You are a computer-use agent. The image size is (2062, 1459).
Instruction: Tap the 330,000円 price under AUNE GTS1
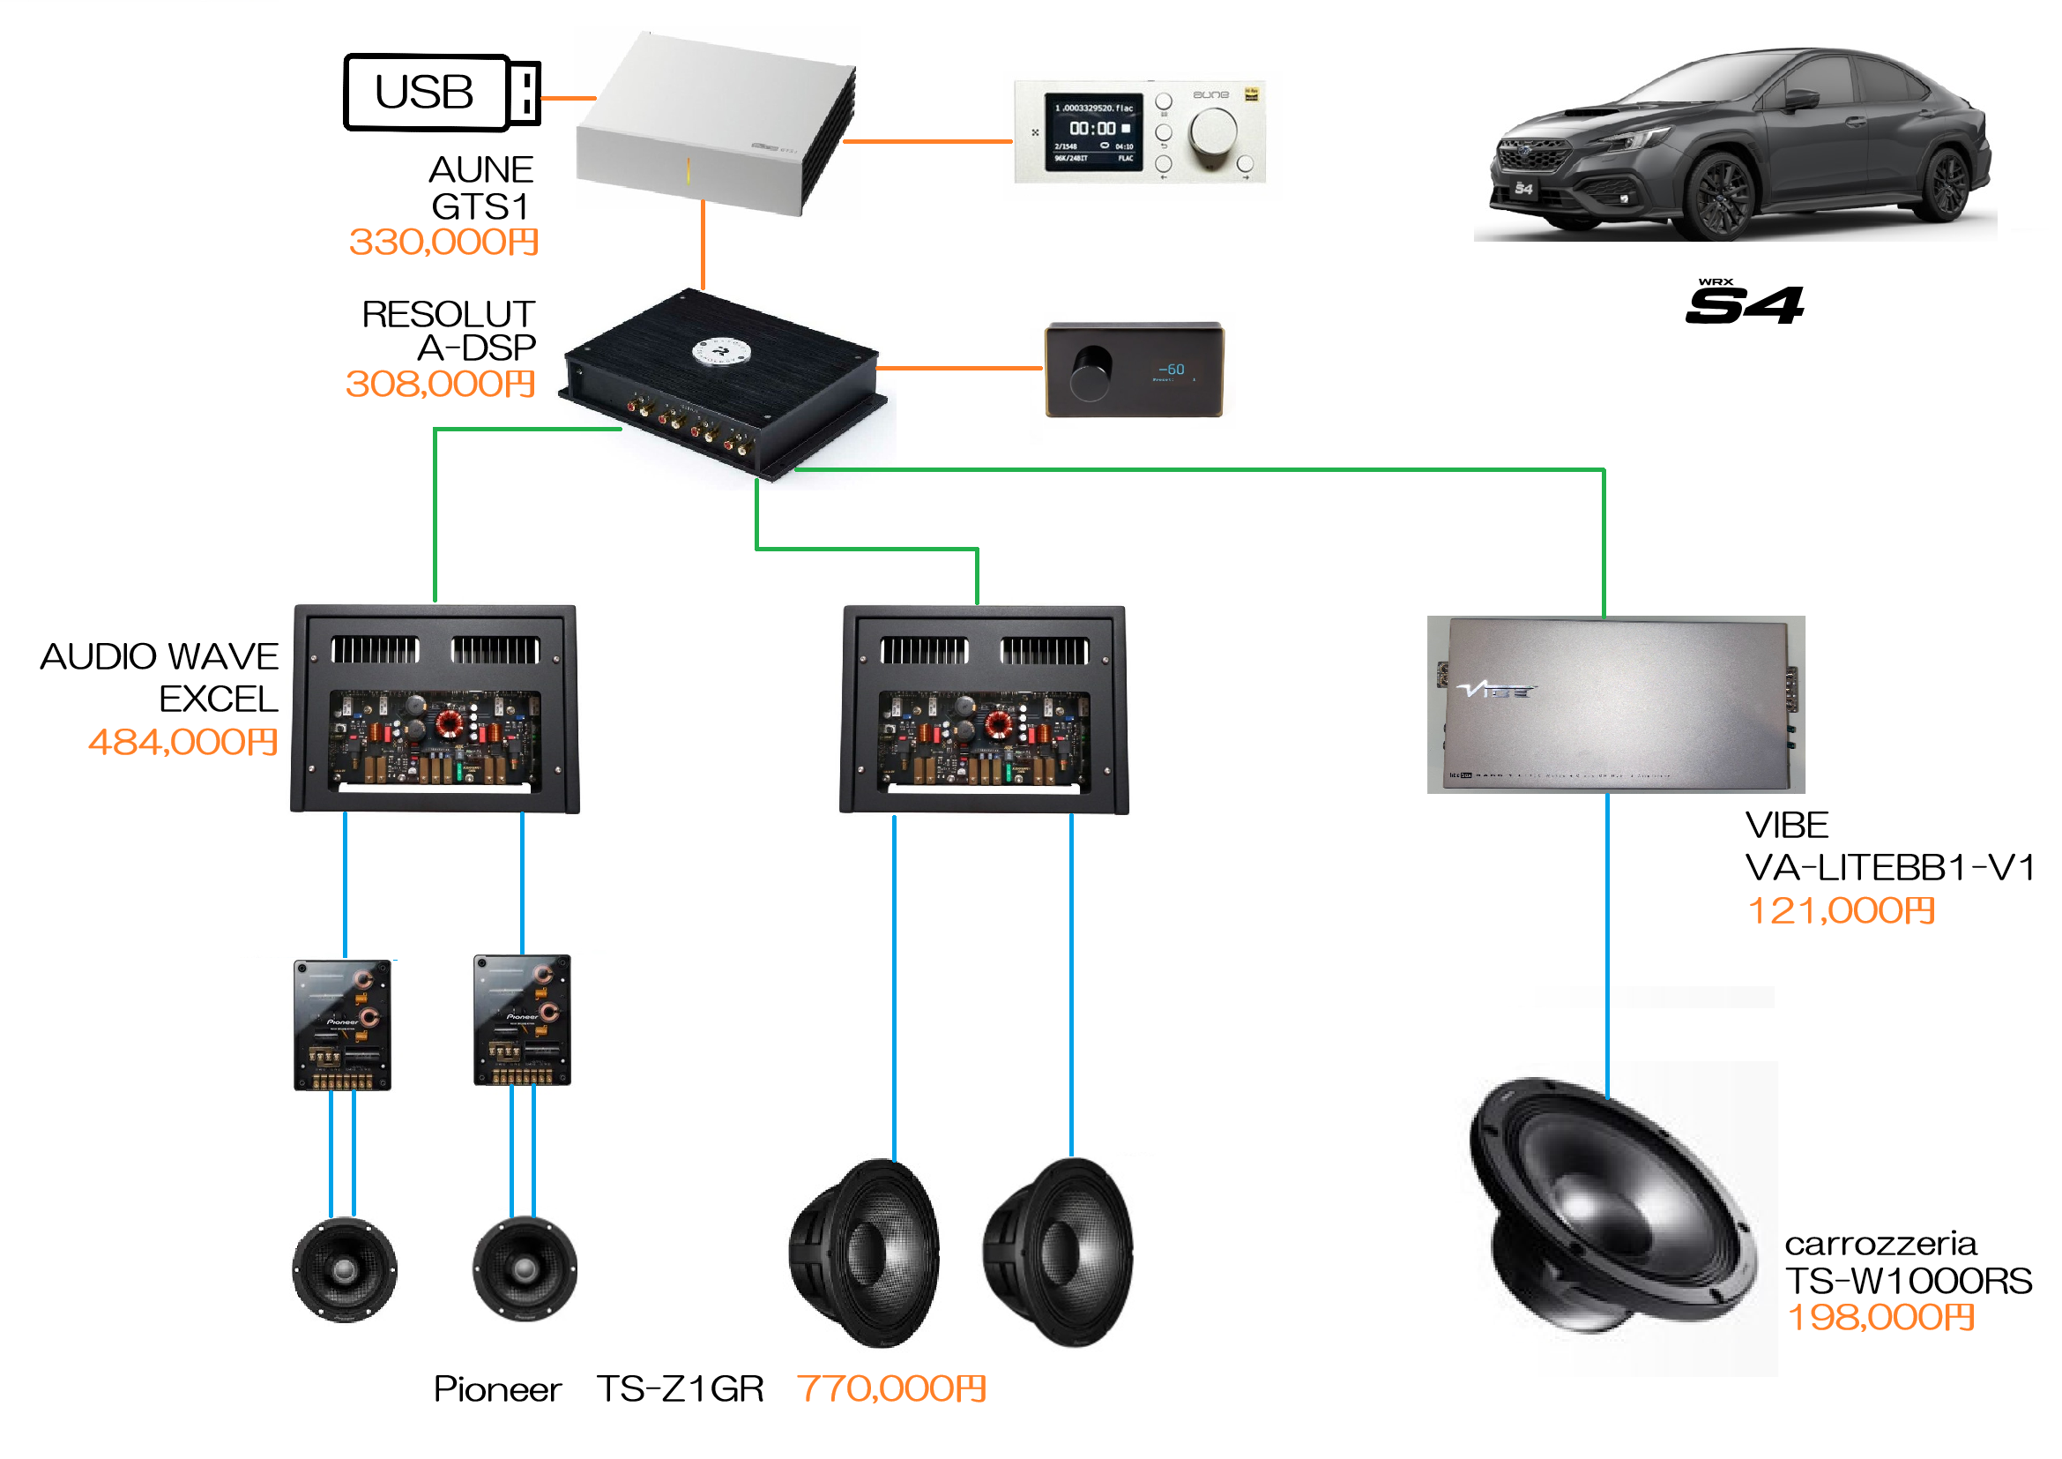tap(443, 242)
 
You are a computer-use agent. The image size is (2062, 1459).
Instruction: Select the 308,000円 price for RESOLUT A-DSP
tap(441, 384)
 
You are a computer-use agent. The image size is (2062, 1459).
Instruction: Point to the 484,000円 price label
tap(183, 742)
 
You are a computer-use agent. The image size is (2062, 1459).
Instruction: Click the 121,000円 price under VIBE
tap(1840, 911)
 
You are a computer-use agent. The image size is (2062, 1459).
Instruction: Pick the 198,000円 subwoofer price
tap(1880, 1317)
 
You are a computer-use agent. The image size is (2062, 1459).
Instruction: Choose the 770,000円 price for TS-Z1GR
tap(892, 1388)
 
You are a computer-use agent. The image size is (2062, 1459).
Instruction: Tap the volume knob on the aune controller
tap(1212, 133)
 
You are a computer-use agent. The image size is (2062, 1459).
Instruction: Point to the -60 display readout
tap(1171, 370)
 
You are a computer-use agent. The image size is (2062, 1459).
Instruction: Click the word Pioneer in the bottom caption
tap(497, 1389)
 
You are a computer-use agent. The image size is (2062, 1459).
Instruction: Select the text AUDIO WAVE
tap(160, 657)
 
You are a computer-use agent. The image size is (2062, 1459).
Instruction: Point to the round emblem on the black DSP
tap(721, 350)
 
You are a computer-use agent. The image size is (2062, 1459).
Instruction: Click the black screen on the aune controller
tap(1093, 132)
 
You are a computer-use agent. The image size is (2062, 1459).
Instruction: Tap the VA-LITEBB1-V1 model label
tap(1889, 868)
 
